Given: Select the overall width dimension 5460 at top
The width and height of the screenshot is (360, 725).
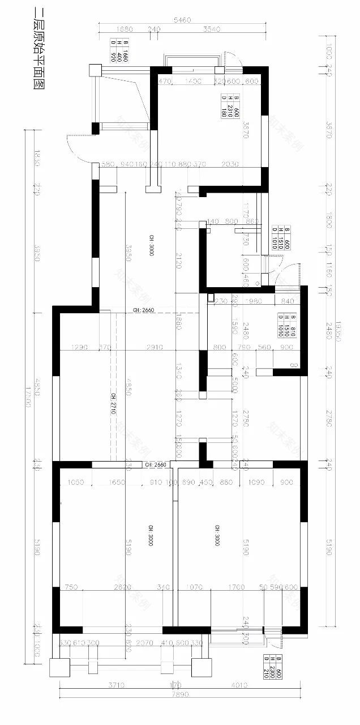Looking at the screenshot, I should coord(182,20).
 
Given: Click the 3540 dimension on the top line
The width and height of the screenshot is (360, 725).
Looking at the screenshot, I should coord(210,29).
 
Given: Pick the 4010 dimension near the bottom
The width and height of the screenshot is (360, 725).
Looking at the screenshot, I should coord(239,685).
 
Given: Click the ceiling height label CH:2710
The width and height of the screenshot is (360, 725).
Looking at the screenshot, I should coord(113,404).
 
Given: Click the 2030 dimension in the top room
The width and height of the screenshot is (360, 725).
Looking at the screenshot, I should coord(230,164).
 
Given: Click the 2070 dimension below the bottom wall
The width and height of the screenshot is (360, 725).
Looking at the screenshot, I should coord(145,643).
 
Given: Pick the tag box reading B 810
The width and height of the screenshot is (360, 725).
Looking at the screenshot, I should coord(284,325).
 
